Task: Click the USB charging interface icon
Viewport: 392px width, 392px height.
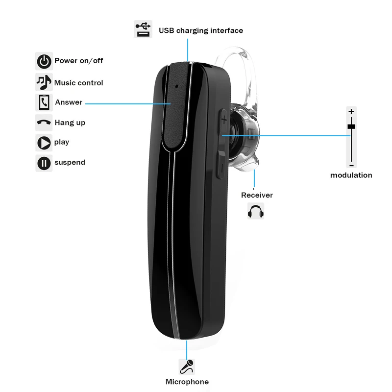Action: [143, 29]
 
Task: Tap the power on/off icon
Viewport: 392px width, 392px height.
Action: [44, 61]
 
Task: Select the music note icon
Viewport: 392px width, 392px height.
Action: [44, 82]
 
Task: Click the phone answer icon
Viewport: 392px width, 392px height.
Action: [44, 102]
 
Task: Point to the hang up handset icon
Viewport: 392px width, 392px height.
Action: [44, 122]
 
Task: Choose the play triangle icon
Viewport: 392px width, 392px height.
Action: [44, 143]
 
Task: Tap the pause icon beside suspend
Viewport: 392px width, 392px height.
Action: [44, 163]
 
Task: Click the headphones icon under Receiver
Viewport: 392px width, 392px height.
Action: [255, 211]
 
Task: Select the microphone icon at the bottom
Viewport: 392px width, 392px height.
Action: [187, 367]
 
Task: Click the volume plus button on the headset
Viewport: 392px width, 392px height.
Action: [223, 121]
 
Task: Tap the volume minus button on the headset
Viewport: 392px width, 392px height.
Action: [221, 165]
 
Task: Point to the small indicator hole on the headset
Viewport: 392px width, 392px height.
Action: [177, 86]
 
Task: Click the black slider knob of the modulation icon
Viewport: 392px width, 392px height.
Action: [351, 126]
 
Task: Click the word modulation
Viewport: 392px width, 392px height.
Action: [351, 175]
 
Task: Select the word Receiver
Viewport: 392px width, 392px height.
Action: [257, 195]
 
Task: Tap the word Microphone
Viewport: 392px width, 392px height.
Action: [187, 382]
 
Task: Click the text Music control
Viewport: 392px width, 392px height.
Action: [78, 83]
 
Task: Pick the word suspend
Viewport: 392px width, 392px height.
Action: [70, 163]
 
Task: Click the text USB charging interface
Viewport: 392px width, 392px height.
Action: [201, 30]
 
